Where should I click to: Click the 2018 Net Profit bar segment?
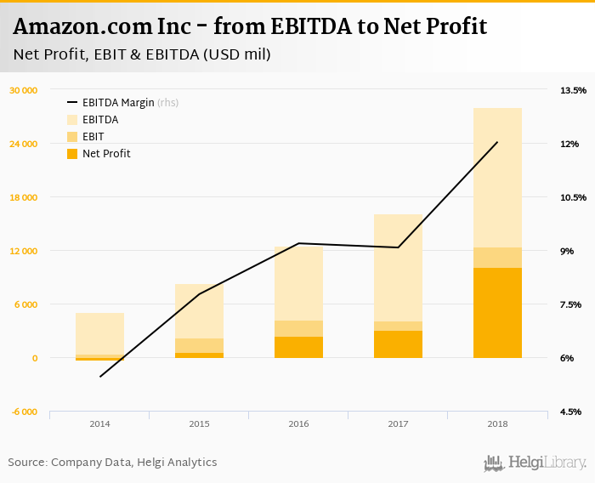(x=497, y=313)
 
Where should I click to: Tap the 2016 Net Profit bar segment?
(x=298, y=347)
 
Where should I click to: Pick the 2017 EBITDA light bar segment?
(x=398, y=267)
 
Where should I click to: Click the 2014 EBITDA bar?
(x=99, y=333)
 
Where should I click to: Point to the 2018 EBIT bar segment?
(x=497, y=258)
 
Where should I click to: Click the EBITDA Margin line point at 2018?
(x=497, y=142)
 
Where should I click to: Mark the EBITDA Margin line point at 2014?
(x=99, y=377)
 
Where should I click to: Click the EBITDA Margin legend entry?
(x=118, y=103)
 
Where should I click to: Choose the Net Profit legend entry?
(x=106, y=154)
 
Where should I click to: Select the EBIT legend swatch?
(x=72, y=137)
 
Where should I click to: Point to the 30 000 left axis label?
(x=24, y=90)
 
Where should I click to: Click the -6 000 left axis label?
(x=25, y=412)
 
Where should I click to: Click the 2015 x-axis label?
(x=199, y=423)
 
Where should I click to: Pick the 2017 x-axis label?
(x=398, y=423)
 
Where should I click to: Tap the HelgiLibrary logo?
(x=535, y=463)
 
